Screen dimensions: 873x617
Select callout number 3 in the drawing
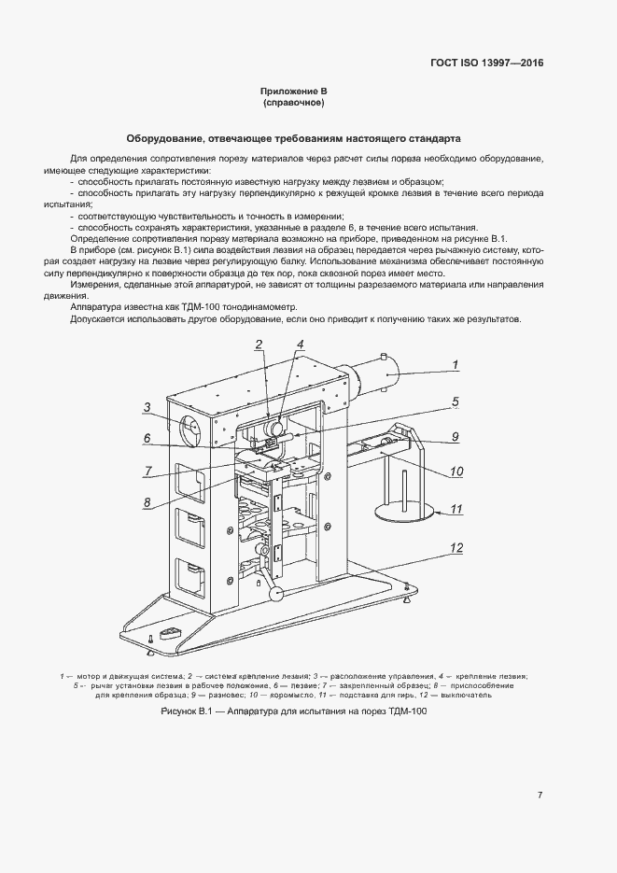coord(147,406)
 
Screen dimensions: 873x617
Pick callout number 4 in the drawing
coord(300,344)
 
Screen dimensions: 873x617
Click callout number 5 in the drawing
coord(455,402)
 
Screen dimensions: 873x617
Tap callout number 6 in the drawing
coord(147,437)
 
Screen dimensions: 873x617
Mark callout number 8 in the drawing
coord(147,502)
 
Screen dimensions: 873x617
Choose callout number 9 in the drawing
coord(455,435)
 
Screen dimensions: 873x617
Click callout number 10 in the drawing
coord(456,472)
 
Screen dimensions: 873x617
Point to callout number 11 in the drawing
coord(456,509)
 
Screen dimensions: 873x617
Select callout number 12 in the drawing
coord(456,547)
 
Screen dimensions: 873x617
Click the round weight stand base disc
coord(402,513)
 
